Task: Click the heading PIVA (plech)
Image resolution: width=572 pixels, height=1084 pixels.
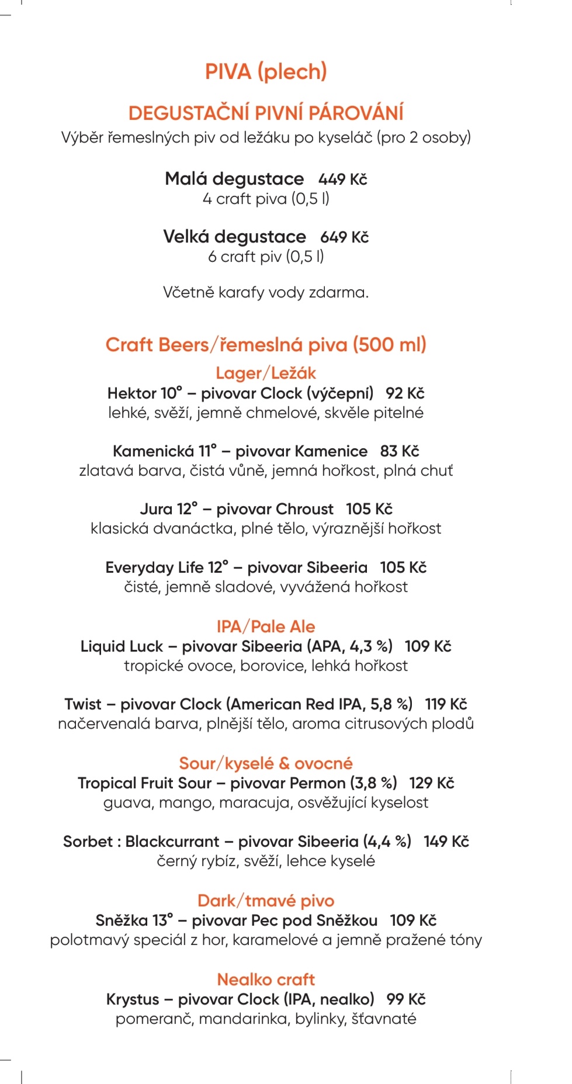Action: coord(266,72)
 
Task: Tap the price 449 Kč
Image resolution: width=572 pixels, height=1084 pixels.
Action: coord(342,179)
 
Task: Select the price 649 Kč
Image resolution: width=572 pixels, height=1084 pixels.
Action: coord(344,237)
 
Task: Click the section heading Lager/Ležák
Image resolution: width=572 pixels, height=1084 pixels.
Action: coord(266,373)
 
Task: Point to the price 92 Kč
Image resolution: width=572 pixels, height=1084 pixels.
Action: coord(405,393)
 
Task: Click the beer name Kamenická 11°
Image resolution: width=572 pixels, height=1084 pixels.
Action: coord(164,451)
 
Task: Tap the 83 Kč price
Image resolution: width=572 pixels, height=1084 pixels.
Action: coord(400,451)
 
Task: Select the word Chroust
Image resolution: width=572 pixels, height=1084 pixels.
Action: coord(304,509)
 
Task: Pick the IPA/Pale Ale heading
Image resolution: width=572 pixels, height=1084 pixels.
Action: coord(266,626)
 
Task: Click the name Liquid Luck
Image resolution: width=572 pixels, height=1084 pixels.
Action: coord(122,646)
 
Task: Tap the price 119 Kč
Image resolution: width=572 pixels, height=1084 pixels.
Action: coord(446,704)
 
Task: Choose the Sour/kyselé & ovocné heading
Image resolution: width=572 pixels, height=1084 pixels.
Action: coord(266,763)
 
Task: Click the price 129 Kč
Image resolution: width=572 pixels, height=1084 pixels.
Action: coord(431,783)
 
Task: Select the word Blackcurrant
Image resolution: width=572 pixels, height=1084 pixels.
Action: coord(172,841)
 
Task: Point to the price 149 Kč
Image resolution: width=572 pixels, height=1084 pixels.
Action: coord(446,841)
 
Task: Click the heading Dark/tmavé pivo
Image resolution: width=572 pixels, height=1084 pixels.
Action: coord(266,901)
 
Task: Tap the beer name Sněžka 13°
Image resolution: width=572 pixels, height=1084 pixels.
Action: coord(134,920)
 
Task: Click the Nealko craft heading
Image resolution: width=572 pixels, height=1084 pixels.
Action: coord(266,979)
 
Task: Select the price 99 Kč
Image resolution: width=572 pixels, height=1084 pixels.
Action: coord(406,999)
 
